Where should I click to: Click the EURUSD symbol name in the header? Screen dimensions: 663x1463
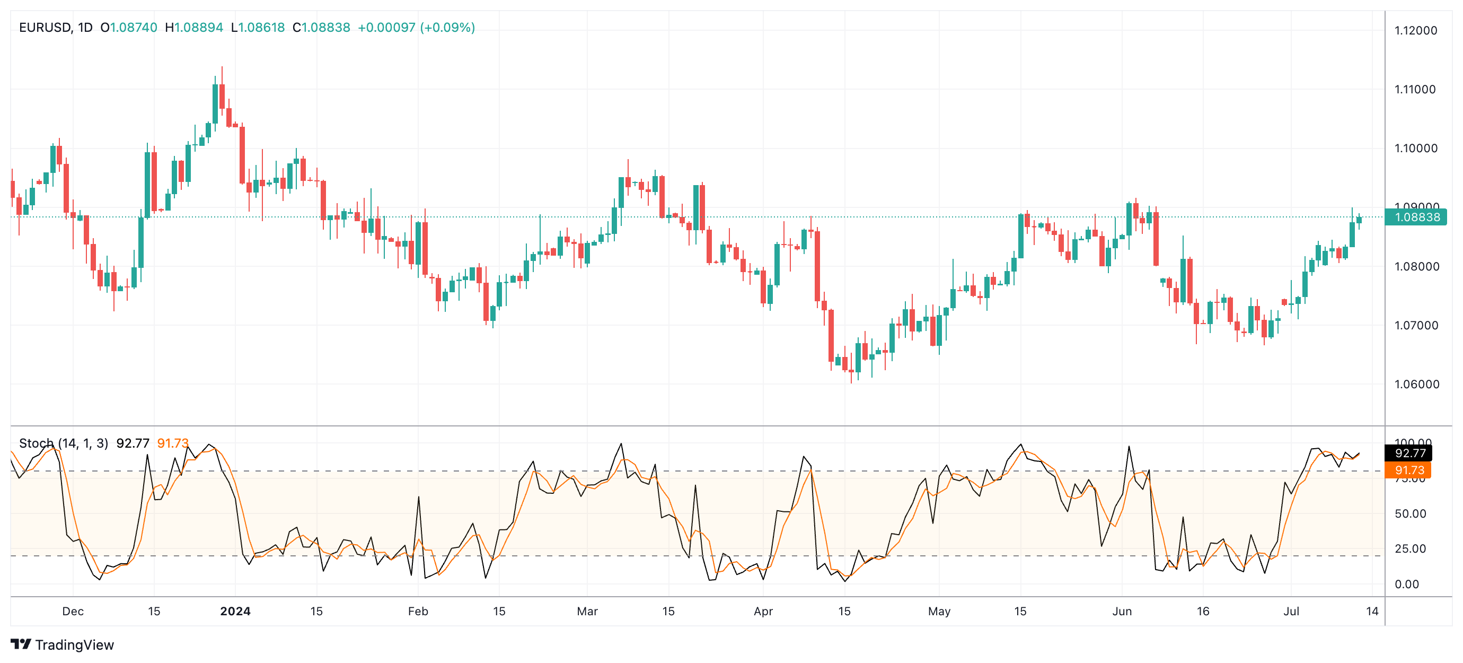coord(45,27)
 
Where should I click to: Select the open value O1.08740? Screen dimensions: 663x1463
coord(128,27)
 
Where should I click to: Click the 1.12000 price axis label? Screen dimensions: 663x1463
coord(1415,31)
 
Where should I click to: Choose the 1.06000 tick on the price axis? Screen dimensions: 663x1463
coord(1415,385)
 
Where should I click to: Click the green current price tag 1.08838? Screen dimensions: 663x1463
coord(1416,217)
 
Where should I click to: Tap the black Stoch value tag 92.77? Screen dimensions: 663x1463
coord(1409,453)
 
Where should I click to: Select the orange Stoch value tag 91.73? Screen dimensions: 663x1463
coord(1409,470)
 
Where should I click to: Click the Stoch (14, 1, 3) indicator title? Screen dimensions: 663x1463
coord(63,443)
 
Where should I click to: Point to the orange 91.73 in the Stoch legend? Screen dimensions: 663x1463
coord(172,443)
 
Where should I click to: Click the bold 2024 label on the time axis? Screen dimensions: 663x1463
coord(235,612)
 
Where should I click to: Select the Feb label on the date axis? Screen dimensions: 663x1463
coord(418,612)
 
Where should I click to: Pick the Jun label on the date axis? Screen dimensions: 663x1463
coord(1122,612)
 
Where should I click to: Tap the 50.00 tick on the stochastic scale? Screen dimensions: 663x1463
coord(1409,514)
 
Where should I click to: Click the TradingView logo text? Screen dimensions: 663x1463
coord(74,645)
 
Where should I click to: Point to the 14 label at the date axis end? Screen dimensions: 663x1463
coord(1372,612)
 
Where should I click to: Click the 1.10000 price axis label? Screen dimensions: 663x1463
coord(1415,149)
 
